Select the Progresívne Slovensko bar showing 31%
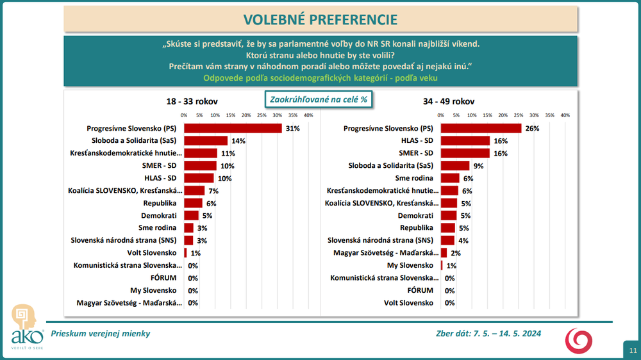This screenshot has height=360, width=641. point(233,128)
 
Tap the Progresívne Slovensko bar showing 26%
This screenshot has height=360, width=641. point(481,128)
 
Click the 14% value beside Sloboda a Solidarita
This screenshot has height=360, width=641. point(237,140)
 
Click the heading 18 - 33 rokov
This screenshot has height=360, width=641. point(192,101)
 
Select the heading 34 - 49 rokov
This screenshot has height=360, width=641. point(449,101)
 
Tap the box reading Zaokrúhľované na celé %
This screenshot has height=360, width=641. point(319,99)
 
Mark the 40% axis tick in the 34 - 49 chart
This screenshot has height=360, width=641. point(565,115)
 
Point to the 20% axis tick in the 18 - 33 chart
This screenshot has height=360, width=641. point(246,115)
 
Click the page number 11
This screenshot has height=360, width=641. point(633,350)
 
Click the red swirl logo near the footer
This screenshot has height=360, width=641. point(578,340)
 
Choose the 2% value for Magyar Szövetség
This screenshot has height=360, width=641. point(455,253)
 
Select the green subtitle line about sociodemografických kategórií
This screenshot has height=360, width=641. point(320,78)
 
